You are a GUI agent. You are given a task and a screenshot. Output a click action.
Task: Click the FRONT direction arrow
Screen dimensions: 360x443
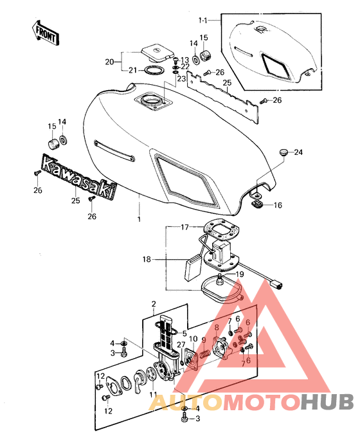[45, 33]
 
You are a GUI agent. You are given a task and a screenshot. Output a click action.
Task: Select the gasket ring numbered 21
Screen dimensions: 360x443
[154, 70]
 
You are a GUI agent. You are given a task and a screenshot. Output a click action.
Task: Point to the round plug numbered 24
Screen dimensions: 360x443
[283, 152]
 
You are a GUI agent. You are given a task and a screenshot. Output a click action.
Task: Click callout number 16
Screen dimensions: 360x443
[278, 205]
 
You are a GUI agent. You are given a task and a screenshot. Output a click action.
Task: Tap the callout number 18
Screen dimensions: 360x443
[147, 259]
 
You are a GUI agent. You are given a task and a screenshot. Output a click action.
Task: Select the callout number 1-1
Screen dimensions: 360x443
[203, 21]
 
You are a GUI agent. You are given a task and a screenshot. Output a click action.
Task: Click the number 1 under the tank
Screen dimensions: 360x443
[139, 219]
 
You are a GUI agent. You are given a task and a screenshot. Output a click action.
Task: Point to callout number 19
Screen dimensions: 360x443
[240, 274]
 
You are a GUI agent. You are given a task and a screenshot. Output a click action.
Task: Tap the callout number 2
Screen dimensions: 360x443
[154, 304]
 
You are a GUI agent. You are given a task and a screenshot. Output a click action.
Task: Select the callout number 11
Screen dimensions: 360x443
[153, 394]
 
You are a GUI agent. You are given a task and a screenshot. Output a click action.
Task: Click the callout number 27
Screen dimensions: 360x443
[181, 345]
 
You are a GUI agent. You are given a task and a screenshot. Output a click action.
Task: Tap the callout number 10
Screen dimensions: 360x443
[194, 338]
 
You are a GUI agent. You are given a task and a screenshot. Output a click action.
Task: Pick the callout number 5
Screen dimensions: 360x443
[184, 334]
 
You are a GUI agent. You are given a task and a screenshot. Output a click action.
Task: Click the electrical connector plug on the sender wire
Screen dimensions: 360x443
[278, 285]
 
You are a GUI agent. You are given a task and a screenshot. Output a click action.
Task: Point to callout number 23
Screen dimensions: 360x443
[181, 78]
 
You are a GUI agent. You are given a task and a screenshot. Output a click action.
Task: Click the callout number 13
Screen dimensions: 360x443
[184, 60]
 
